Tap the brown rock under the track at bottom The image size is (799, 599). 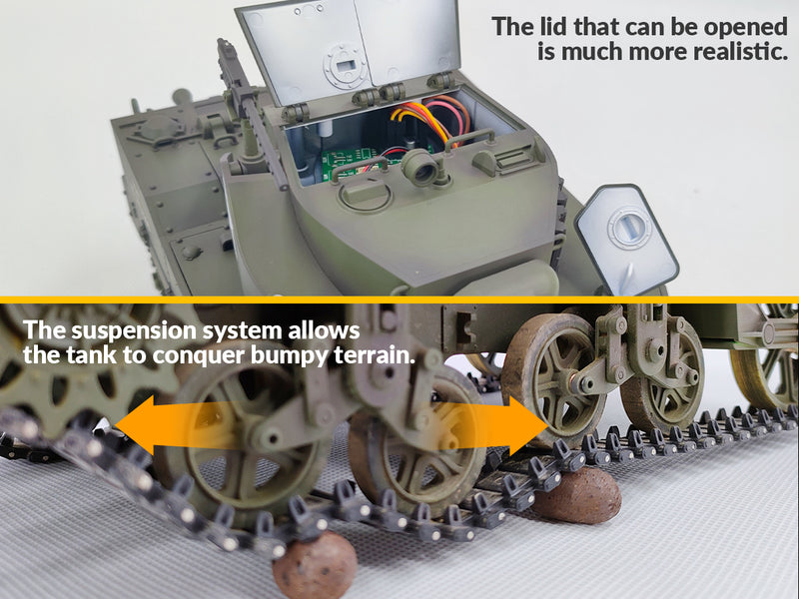point(316,566)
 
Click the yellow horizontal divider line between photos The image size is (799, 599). point(399,298)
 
